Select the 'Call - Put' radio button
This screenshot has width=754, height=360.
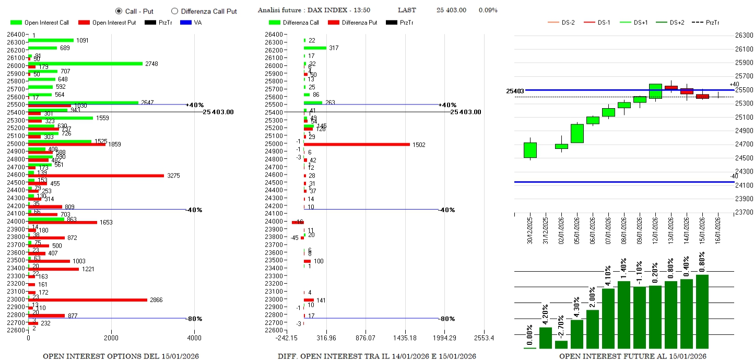(x=119, y=11)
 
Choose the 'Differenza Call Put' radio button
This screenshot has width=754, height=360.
(x=174, y=11)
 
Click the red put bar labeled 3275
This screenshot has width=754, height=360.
(x=96, y=176)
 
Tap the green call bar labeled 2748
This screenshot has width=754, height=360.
(x=85, y=64)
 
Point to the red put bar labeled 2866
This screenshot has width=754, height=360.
(x=88, y=300)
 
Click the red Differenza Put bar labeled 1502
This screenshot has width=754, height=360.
(x=357, y=144)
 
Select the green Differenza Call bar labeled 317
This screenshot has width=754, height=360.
(x=315, y=48)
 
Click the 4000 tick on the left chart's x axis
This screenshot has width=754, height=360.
(x=194, y=338)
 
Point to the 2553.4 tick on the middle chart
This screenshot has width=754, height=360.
(x=484, y=338)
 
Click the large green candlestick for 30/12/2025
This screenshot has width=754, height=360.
(x=530, y=150)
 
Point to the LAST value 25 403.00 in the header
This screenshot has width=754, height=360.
(x=451, y=10)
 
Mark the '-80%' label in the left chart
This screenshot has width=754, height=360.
(x=195, y=319)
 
